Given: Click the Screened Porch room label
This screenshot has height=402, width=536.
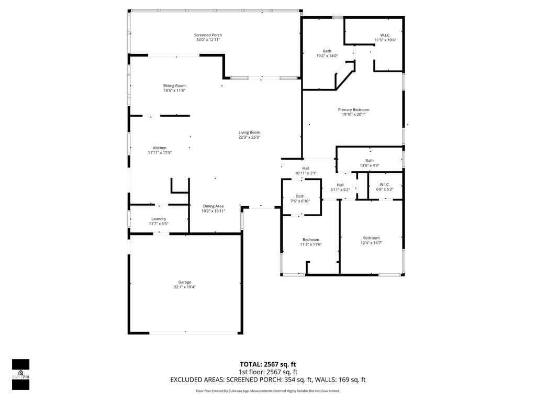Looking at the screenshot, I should (208, 35).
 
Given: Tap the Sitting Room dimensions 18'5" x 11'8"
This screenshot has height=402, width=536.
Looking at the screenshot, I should (174, 91).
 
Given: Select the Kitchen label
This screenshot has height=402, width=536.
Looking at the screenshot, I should (160, 148).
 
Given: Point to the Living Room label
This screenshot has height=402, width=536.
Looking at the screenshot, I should (249, 132).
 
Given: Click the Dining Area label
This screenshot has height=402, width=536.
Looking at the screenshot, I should (213, 206).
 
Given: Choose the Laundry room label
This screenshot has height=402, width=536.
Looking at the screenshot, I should (159, 219).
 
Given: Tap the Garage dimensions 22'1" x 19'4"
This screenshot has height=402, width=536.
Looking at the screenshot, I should (185, 287).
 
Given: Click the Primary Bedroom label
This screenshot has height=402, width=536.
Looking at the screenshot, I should (353, 109).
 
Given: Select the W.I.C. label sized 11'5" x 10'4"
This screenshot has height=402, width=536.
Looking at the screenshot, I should (385, 35).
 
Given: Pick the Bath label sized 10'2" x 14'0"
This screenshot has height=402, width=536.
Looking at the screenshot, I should (327, 51).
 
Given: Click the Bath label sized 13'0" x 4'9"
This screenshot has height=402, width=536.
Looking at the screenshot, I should (370, 161).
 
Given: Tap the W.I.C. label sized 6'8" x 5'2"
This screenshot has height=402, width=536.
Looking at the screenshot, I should (384, 184).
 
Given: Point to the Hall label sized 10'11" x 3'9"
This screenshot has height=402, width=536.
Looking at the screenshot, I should (306, 168).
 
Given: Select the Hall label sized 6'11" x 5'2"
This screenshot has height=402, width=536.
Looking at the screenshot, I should (340, 185).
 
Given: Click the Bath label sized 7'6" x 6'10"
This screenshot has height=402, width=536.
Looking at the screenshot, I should (300, 196).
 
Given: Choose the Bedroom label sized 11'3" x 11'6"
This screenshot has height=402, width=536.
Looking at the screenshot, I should (310, 240).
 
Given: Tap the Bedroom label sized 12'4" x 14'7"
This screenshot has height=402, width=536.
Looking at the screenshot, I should (371, 238).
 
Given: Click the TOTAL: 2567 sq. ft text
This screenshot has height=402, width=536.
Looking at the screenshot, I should (267, 364).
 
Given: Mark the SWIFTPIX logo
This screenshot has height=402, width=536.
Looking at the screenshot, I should (20, 375).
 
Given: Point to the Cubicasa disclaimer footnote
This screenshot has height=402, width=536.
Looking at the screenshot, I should (267, 390).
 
